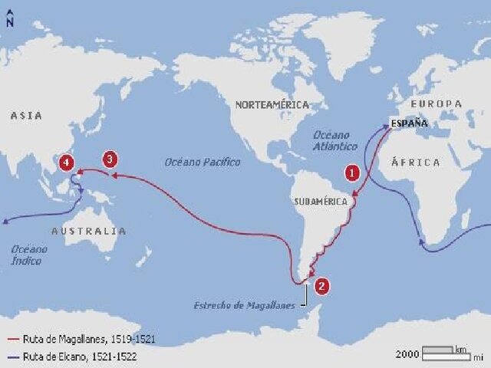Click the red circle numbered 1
pos(352,172)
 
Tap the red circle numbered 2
pos(322,285)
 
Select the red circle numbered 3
pos(110,159)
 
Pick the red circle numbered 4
pos(68,163)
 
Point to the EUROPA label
pos(437,103)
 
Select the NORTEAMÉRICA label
pos(272,104)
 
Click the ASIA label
pos(26,115)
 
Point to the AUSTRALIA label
pos(89,231)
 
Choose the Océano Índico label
pos(29,255)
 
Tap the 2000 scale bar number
pos(407,354)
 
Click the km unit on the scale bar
pos(460,349)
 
